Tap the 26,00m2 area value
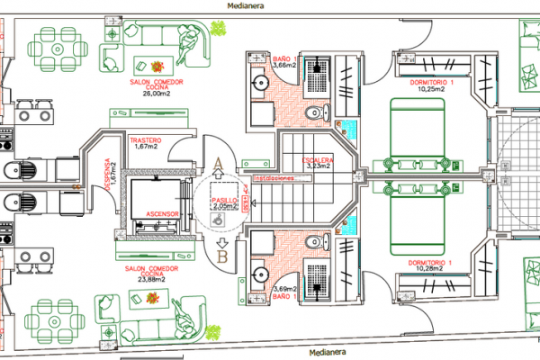157,93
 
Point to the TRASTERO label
144,140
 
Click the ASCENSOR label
160,213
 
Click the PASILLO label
223,200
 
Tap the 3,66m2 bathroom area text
283,66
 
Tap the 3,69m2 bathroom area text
283,288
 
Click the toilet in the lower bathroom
315,242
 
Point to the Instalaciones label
274,177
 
